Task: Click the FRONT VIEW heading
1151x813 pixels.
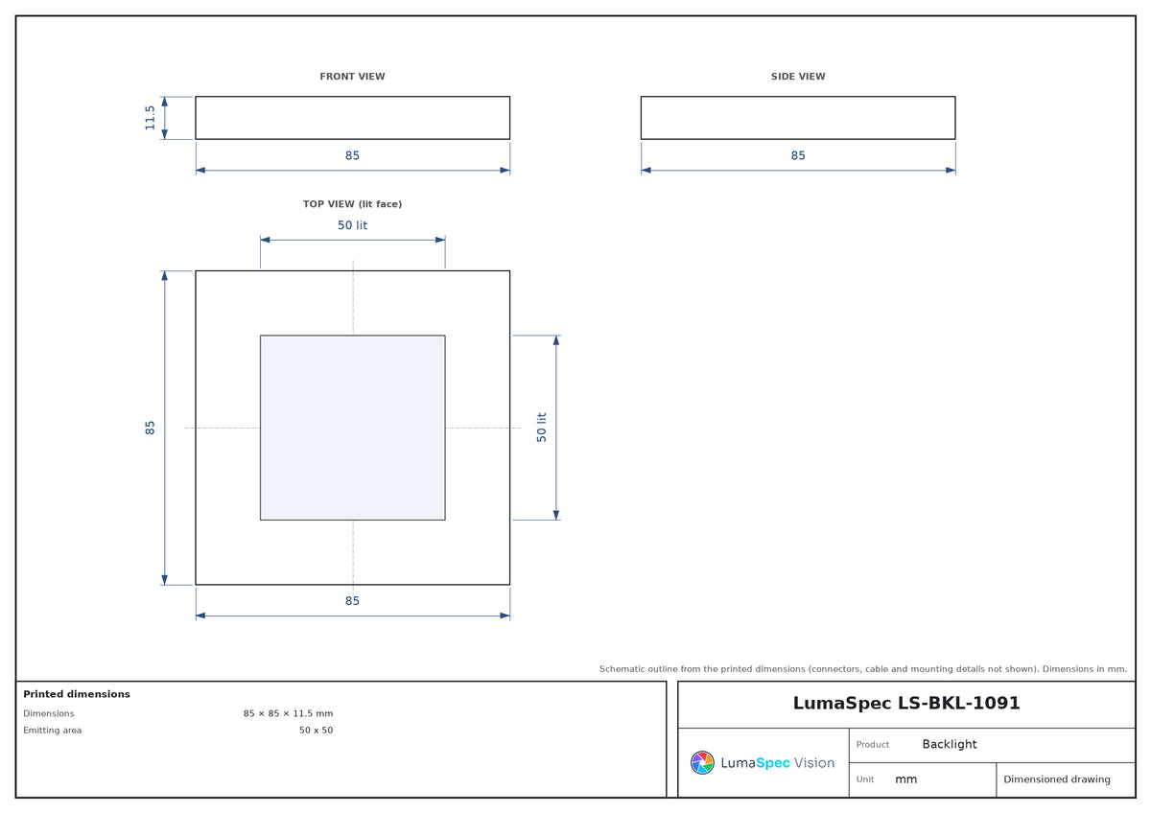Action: tap(352, 77)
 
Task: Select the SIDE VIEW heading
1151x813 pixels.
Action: tap(797, 77)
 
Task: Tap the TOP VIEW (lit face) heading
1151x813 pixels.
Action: tap(352, 204)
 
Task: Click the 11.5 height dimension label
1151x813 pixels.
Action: tap(150, 118)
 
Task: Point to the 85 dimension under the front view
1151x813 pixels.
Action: tap(352, 155)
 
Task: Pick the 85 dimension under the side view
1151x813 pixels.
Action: tap(797, 155)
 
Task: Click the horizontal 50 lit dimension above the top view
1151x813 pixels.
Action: tap(352, 225)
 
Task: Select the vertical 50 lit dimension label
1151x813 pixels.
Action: tap(541, 428)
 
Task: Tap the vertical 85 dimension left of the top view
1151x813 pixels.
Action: tap(150, 428)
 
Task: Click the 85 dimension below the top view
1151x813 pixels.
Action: tap(352, 600)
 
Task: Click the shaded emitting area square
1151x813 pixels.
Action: tap(353, 428)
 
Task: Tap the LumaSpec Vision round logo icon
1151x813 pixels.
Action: tap(702, 762)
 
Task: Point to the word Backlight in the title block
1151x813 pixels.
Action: tap(949, 744)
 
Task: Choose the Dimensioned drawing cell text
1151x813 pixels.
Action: tap(1056, 779)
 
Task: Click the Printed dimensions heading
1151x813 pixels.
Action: tap(77, 694)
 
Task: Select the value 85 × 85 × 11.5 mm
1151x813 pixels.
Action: tap(288, 713)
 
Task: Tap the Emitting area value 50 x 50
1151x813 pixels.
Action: tap(316, 730)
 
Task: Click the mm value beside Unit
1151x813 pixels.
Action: tap(905, 779)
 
